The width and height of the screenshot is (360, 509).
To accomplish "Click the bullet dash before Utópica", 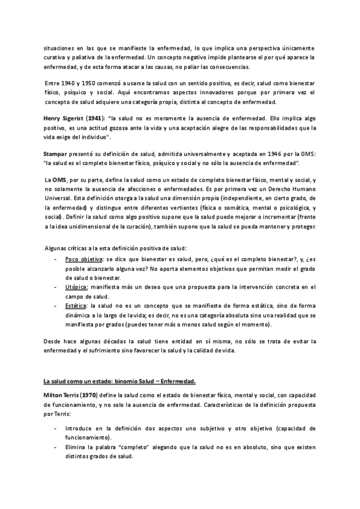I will click(56, 288).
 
